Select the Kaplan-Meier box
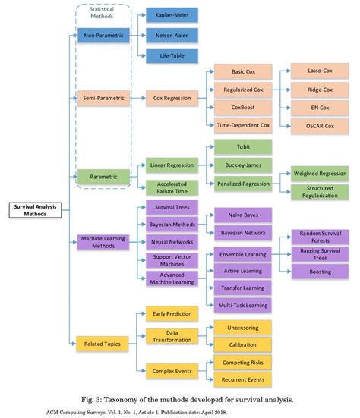click(172, 14)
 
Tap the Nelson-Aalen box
click(172, 35)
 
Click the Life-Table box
click(172, 55)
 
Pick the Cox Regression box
click(172, 98)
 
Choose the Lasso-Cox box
click(320, 72)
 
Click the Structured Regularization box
click(320, 192)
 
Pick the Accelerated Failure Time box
click(172, 187)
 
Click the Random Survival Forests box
click(320, 237)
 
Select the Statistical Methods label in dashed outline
click(103, 12)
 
